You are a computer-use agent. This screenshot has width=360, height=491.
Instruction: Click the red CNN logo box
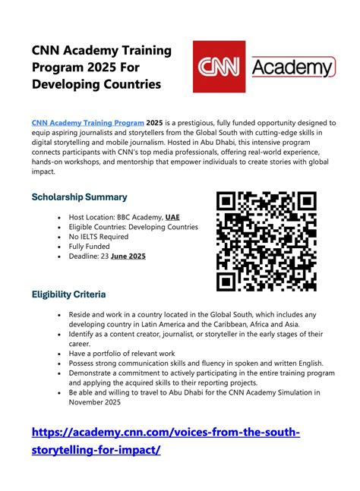click(219, 67)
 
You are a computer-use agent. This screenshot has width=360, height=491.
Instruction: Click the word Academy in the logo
click(292, 68)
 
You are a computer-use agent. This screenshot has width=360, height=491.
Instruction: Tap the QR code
click(266, 241)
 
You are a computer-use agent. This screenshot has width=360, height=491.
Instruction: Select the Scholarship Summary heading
click(79, 197)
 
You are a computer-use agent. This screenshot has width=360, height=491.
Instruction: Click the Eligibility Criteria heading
click(68, 294)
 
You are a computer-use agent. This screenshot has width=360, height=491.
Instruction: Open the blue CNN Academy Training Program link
click(87, 122)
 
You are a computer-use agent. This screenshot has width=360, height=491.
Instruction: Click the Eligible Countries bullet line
click(134, 226)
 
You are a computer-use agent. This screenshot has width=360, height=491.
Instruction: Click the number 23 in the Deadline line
click(106, 256)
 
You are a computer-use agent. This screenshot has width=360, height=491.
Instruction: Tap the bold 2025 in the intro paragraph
click(155, 122)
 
